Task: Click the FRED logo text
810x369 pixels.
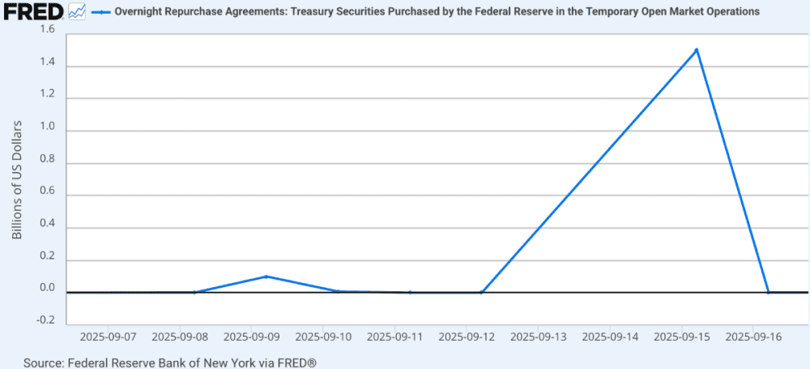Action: click(32, 11)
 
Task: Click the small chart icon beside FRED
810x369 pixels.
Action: click(77, 11)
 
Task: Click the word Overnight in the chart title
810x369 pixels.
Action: click(142, 12)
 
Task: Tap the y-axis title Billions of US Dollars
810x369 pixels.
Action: click(17, 180)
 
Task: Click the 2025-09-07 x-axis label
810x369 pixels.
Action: click(109, 336)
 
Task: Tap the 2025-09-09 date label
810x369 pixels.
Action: click(252, 336)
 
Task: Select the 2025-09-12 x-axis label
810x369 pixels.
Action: click(467, 336)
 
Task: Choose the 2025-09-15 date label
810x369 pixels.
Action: click(682, 336)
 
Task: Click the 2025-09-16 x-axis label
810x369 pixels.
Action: click(753, 336)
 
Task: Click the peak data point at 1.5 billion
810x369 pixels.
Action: click(697, 49)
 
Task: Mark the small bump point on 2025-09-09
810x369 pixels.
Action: click(266, 277)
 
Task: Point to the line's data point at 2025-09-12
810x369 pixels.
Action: click(481, 292)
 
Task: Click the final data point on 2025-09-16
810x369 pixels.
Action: click(768, 292)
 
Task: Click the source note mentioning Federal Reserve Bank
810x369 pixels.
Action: click(169, 362)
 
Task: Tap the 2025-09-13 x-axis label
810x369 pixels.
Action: click(539, 336)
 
